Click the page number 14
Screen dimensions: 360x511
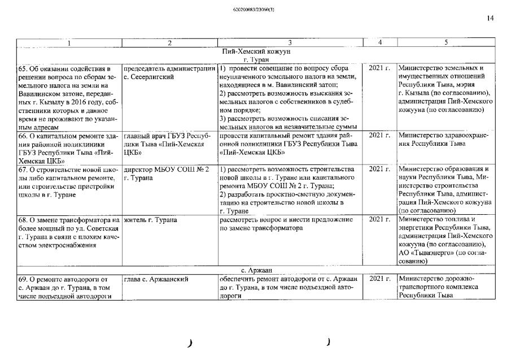[x=490, y=18]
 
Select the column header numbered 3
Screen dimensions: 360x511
[x=290, y=42]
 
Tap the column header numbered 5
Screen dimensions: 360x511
[x=446, y=42]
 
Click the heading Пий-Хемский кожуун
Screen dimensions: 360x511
[x=256, y=51]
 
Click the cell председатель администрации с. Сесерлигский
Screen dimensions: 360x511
[x=169, y=72]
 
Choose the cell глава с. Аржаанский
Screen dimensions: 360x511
[x=155, y=279]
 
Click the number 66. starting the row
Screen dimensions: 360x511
[x=24, y=136]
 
